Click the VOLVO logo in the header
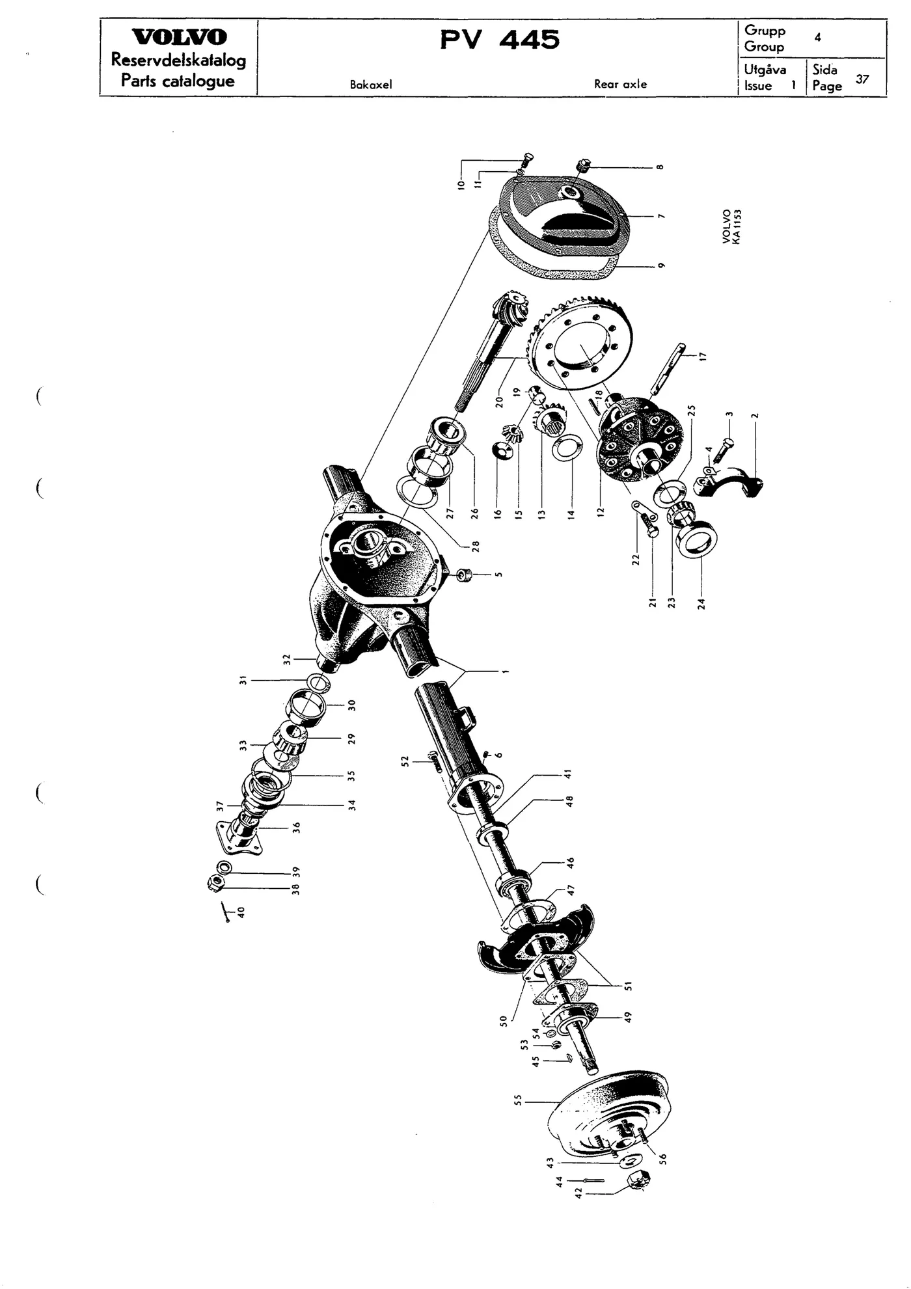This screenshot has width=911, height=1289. tap(179, 37)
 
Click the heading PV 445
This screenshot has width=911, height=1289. tap(499, 40)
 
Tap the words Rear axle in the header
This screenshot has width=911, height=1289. tap(620, 84)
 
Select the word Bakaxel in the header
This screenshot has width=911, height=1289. tap(371, 85)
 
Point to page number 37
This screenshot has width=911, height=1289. tap(862, 79)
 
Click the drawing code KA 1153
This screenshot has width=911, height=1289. tap(736, 226)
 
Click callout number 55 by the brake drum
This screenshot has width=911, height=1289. tap(518, 1100)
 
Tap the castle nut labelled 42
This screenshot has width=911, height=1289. tap(636, 1182)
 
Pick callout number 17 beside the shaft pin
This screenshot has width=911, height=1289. tap(701, 356)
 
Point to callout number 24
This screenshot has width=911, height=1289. tap(701, 603)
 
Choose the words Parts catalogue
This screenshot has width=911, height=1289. tap(178, 81)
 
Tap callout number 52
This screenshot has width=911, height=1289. tap(405, 761)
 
